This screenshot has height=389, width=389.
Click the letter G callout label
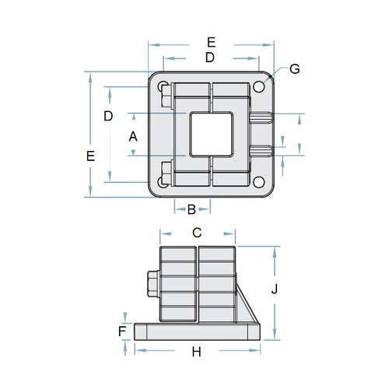click(x=294, y=68)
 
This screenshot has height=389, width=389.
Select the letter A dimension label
click(x=133, y=135)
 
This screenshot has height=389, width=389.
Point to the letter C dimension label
click(x=197, y=232)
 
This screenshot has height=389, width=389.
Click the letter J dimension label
click(x=274, y=289)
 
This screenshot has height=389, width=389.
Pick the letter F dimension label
click(x=122, y=331)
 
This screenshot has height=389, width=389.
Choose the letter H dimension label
click(x=196, y=352)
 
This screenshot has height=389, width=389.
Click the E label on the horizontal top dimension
click(x=211, y=41)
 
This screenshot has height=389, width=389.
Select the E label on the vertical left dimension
click(x=91, y=156)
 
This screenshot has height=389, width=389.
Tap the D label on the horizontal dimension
click(x=209, y=57)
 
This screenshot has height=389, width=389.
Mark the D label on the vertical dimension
click(x=109, y=116)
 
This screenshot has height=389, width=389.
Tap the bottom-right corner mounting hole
click(x=258, y=181)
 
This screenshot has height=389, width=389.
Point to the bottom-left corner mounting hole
click(x=163, y=181)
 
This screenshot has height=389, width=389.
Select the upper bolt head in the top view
click(x=165, y=97)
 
